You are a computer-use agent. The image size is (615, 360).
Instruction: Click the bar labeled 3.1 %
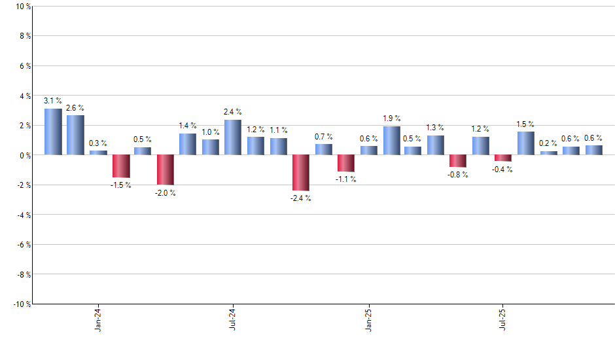coord(53,132)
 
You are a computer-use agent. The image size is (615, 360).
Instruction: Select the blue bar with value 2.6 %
coord(75,135)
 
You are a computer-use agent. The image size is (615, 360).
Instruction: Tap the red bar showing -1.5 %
coord(121,166)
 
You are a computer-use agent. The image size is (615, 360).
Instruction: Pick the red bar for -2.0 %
coord(166,170)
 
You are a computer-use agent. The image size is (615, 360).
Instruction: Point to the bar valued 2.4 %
coord(233,137)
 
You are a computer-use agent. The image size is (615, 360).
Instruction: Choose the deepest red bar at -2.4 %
coord(301,173)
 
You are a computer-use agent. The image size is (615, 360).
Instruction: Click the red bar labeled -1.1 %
coord(345,163)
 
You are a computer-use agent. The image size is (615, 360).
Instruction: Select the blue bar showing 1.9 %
coord(391,141)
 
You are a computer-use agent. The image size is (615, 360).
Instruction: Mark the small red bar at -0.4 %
coord(503,158)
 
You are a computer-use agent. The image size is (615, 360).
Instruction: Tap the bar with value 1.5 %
coord(526,143)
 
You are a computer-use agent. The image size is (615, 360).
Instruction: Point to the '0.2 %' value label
coord(549,143)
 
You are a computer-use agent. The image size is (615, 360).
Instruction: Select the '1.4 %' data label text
coord(188,125)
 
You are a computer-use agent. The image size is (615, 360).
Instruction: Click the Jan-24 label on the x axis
coord(98,320)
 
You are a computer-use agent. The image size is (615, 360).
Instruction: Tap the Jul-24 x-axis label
coord(233,320)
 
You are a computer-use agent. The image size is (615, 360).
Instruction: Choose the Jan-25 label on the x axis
coord(368,320)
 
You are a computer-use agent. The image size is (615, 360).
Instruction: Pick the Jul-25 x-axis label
coord(503,320)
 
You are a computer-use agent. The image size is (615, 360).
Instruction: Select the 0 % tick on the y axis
coord(23,155)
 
